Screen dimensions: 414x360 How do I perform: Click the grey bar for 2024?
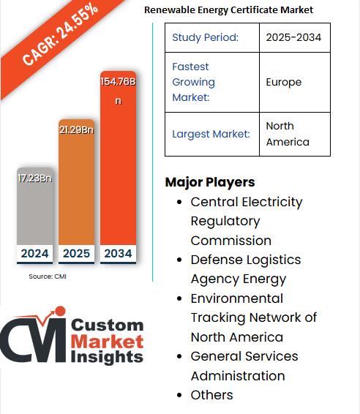pyautogui.click(x=34, y=212)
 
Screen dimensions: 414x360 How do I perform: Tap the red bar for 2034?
pyautogui.click(x=118, y=168)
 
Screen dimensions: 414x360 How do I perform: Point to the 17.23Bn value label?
pyautogui.click(x=34, y=178)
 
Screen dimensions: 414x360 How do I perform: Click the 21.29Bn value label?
pyautogui.click(x=76, y=129)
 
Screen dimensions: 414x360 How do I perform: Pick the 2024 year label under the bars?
pyautogui.click(x=34, y=254)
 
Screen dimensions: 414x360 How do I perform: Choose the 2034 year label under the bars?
pyautogui.click(x=118, y=254)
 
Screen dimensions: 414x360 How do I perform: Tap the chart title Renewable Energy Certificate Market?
pyautogui.click(x=228, y=10)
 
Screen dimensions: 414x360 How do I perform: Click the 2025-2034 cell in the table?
pyautogui.click(x=293, y=37)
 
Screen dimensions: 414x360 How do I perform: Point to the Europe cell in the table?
pyautogui.click(x=284, y=82)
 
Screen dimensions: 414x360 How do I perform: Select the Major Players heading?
pyautogui.click(x=210, y=182)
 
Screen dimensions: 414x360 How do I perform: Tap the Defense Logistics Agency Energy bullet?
pyautogui.click(x=245, y=268)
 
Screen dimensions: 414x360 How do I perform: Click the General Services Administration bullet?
pyautogui.click(x=244, y=366)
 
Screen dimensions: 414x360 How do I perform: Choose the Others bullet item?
pyautogui.click(x=211, y=395)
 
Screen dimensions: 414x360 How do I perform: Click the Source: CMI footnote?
pyautogui.click(x=48, y=276)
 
